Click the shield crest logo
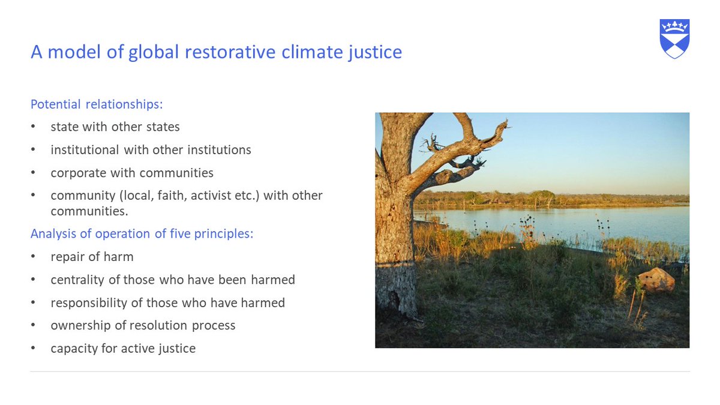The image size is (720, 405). (x=674, y=38)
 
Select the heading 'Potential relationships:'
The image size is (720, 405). (x=97, y=104)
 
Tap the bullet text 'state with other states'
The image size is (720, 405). (x=115, y=127)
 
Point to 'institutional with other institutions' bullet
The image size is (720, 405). (x=151, y=149)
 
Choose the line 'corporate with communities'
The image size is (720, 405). (x=132, y=173)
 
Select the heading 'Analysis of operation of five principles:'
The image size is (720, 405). (x=142, y=233)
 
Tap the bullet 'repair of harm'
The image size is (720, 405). (x=92, y=257)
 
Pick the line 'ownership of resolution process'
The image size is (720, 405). (x=143, y=325)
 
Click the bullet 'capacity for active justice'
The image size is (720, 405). (x=123, y=348)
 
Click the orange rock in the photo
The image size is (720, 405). (x=656, y=280)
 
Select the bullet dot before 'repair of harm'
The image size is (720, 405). (x=34, y=257)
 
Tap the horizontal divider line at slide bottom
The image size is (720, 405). (x=360, y=371)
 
